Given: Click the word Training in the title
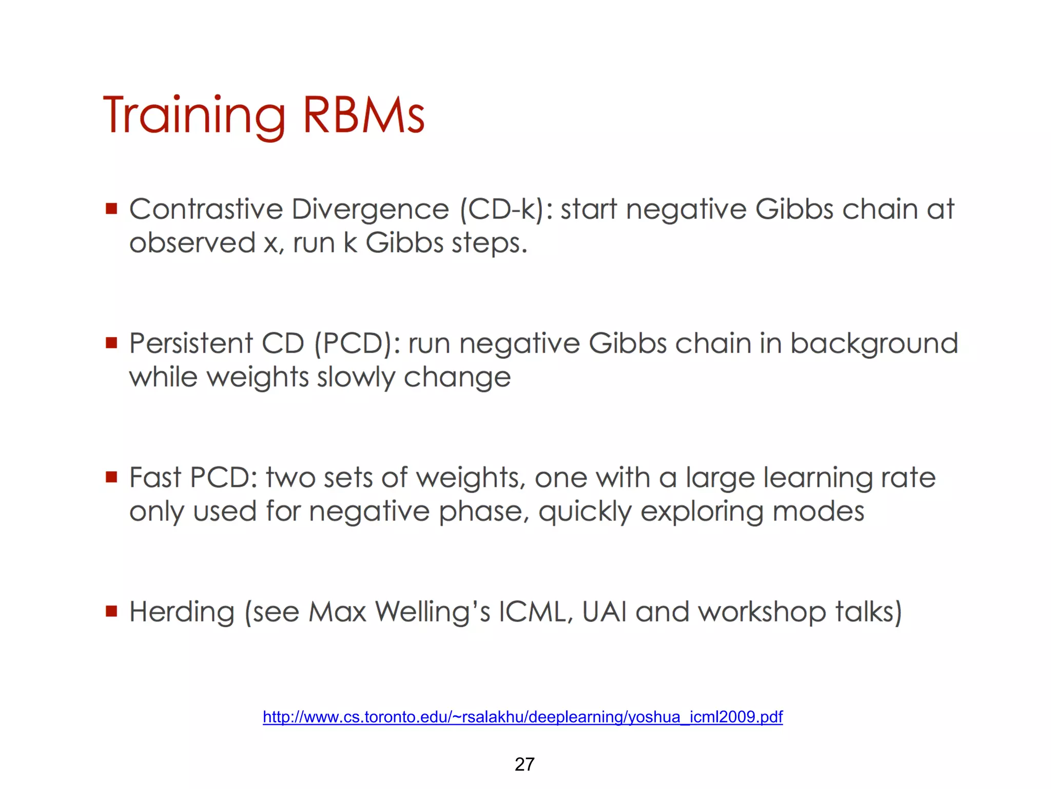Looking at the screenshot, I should [194, 116].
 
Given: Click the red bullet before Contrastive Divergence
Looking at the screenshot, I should [111, 209].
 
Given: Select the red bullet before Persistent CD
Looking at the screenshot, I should [111, 343].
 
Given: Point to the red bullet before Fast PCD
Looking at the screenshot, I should [111, 477].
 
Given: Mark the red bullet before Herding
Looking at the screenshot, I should [111, 611].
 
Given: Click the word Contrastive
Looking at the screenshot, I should [206, 209].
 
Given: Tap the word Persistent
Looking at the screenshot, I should [191, 343].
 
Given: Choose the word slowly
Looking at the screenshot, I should [356, 378].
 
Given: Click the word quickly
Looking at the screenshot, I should [585, 512].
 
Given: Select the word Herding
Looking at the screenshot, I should [182, 612].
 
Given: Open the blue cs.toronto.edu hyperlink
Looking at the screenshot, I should [522, 717].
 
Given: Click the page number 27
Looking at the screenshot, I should [524, 764].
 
